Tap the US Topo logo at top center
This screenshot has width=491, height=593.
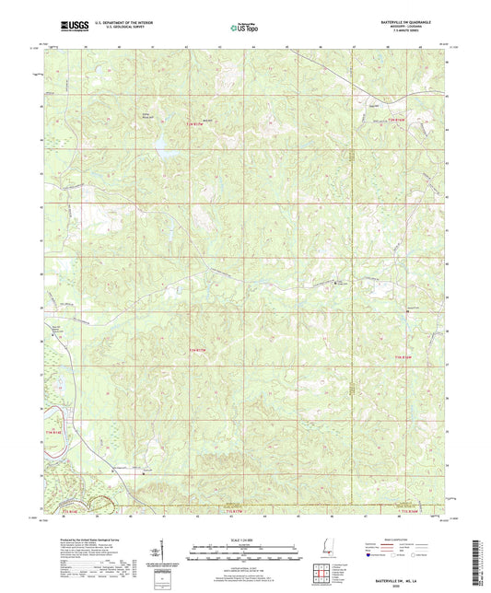(241, 29)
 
